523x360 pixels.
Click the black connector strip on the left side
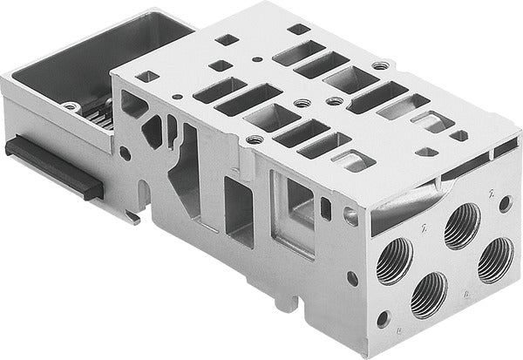[52, 165]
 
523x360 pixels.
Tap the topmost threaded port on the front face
[461, 225]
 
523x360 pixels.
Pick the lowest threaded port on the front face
[429, 294]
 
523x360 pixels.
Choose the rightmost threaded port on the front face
[495, 259]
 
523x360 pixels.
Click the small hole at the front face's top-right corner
[505, 203]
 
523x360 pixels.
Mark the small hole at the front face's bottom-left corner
[383, 318]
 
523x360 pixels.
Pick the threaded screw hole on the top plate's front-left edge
[255, 139]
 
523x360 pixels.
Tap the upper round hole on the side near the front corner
[350, 211]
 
